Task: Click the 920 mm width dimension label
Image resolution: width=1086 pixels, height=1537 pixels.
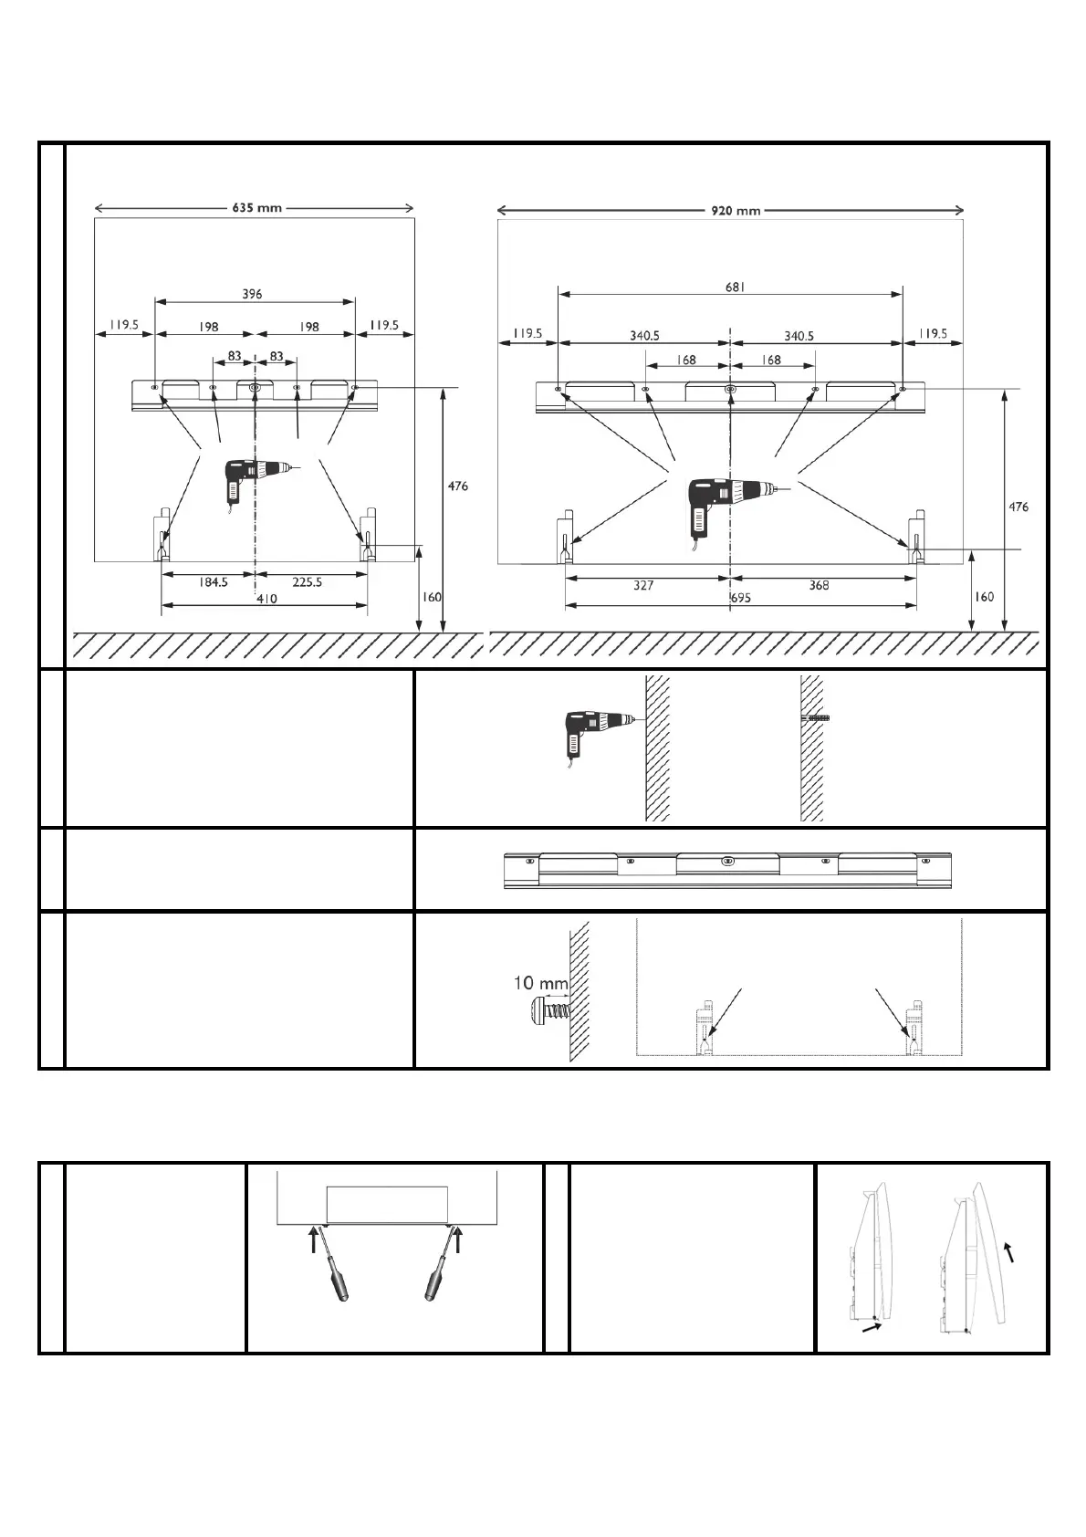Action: (x=735, y=211)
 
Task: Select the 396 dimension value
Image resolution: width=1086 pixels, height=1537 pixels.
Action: (x=252, y=294)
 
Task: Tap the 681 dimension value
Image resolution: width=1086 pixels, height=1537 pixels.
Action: (x=736, y=287)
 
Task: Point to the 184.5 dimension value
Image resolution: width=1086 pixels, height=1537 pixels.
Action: (x=213, y=581)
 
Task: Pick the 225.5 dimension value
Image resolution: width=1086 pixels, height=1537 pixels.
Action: (x=307, y=581)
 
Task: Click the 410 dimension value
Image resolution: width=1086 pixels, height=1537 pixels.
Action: (x=266, y=599)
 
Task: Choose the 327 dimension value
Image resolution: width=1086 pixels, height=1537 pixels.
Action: (x=643, y=585)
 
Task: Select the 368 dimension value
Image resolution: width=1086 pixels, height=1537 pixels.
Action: (x=819, y=585)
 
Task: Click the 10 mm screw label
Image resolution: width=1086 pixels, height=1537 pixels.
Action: (x=540, y=984)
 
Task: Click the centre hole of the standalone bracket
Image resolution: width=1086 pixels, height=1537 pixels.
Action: (x=727, y=860)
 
